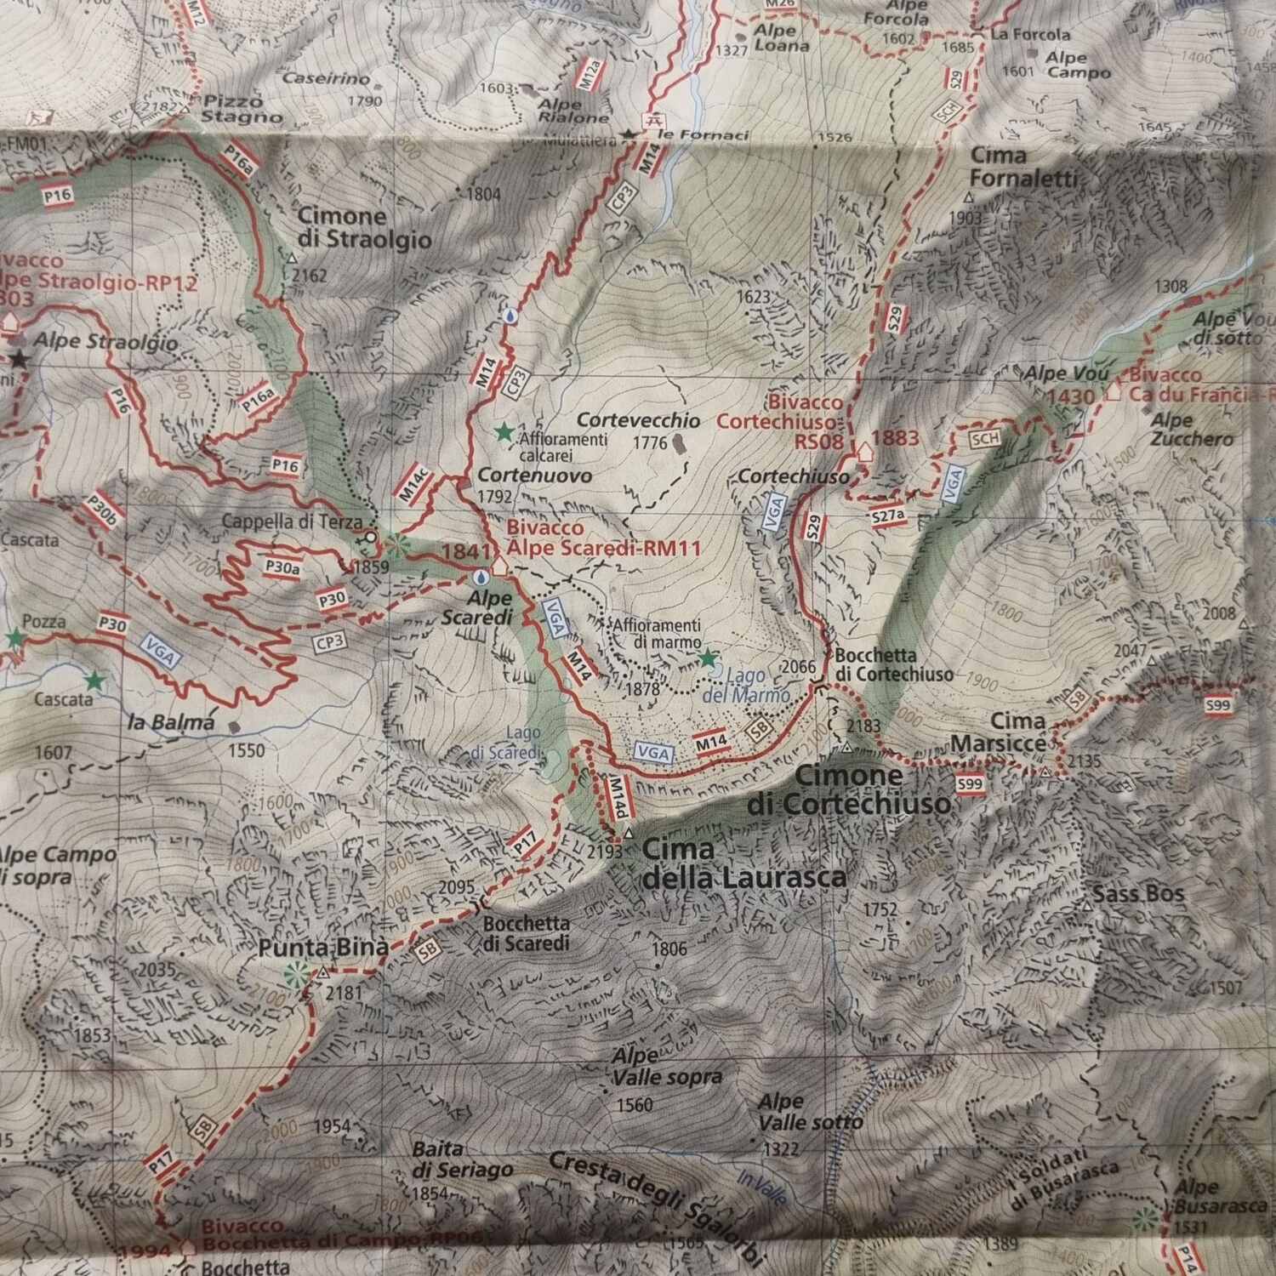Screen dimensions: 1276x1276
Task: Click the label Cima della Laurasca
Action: click(744, 863)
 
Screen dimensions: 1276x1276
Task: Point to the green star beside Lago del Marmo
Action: click(707, 658)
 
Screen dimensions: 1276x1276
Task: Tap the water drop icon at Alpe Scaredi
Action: click(481, 577)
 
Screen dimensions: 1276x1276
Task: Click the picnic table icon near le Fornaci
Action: click(654, 120)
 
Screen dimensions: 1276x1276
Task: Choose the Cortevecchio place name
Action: click(638, 420)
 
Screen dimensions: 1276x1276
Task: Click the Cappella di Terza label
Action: click(292, 522)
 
